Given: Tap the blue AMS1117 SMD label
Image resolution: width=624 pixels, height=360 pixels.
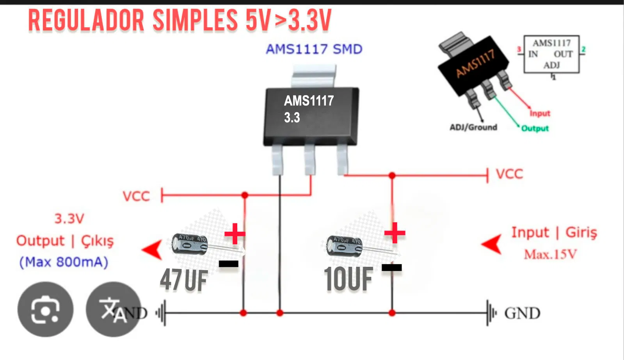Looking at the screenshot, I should click(x=314, y=49).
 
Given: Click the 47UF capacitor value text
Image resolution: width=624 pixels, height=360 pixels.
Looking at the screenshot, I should click(x=183, y=280).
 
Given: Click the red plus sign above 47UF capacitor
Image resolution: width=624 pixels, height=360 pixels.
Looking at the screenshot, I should click(x=235, y=234).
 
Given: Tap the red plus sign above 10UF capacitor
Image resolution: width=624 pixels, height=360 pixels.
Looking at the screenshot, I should click(x=395, y=233).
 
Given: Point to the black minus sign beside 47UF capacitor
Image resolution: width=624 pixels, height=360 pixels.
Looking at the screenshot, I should click(x=229, y=264).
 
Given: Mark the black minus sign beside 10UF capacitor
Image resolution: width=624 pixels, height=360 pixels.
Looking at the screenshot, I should click(x=391, y=267).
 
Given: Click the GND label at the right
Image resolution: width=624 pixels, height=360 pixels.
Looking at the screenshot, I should click(x=522, y=313).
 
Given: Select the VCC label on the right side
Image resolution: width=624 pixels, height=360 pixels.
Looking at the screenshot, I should click(x=509, y=174).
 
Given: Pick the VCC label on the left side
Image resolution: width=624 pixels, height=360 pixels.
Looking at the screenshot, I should click(x=136, y=196).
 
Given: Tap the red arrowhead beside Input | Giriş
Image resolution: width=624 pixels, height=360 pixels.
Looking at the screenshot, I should click(x=492, y=244).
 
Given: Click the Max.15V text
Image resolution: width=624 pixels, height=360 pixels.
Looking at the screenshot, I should click(x=550, y=255).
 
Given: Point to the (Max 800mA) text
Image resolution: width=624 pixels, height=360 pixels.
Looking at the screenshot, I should click(x=64, y=262).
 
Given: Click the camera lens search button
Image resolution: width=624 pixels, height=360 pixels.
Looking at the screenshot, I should click(x=45, y=309).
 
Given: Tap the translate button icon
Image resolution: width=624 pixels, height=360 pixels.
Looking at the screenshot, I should click(x=113, y=309).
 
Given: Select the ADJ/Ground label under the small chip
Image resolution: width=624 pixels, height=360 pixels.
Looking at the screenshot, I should click(x=473, y=127).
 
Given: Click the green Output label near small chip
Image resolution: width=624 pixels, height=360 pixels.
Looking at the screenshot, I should click(x=535, y=128).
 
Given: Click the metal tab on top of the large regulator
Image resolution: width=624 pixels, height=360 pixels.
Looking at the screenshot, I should click(x=313, y=76).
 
